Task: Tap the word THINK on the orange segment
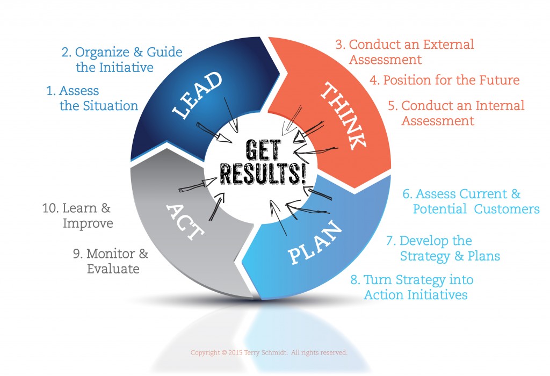(342, 114)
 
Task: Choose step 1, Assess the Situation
(92, 98)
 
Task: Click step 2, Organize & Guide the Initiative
(121, 60)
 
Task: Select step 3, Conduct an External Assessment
(404, 52)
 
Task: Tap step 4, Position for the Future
(444, 80)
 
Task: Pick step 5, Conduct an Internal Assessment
(455, 113)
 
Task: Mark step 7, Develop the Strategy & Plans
(443, 248)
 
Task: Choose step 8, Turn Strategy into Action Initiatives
(412, 287)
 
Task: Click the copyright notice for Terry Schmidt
(269, 353)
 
